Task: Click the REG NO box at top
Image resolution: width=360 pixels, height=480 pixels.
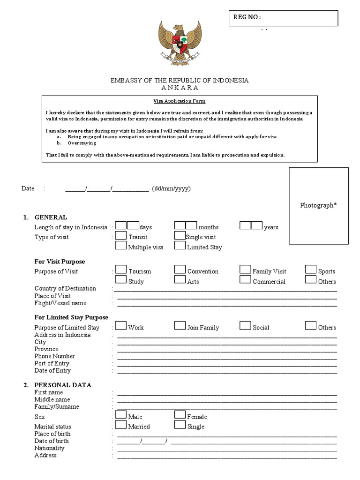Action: click(x=283, y=18)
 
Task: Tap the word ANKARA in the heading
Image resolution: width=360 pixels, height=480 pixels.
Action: click(x=180, y=88)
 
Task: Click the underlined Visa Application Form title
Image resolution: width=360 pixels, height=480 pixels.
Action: click(x=180, y=101)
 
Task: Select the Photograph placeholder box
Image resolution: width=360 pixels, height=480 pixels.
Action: click(x=318, y=205)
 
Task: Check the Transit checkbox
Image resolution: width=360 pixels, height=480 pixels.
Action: click(x=121, y=236)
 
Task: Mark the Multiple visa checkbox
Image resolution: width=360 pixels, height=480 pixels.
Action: click(x=121, y=246)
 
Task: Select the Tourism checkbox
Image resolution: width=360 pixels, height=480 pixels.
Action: click(x=121, y=270)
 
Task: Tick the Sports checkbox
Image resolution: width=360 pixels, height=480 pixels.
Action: click(x=311, y=270)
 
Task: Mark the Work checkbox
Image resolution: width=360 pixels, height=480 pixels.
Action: click(x=121, y=326)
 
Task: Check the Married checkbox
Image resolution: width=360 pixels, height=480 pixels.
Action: click(x=121, y=425)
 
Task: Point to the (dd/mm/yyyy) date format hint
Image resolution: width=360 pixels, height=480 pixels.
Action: click(x=171, y=189)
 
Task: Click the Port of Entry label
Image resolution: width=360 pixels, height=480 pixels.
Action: click(x=52, y=363)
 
